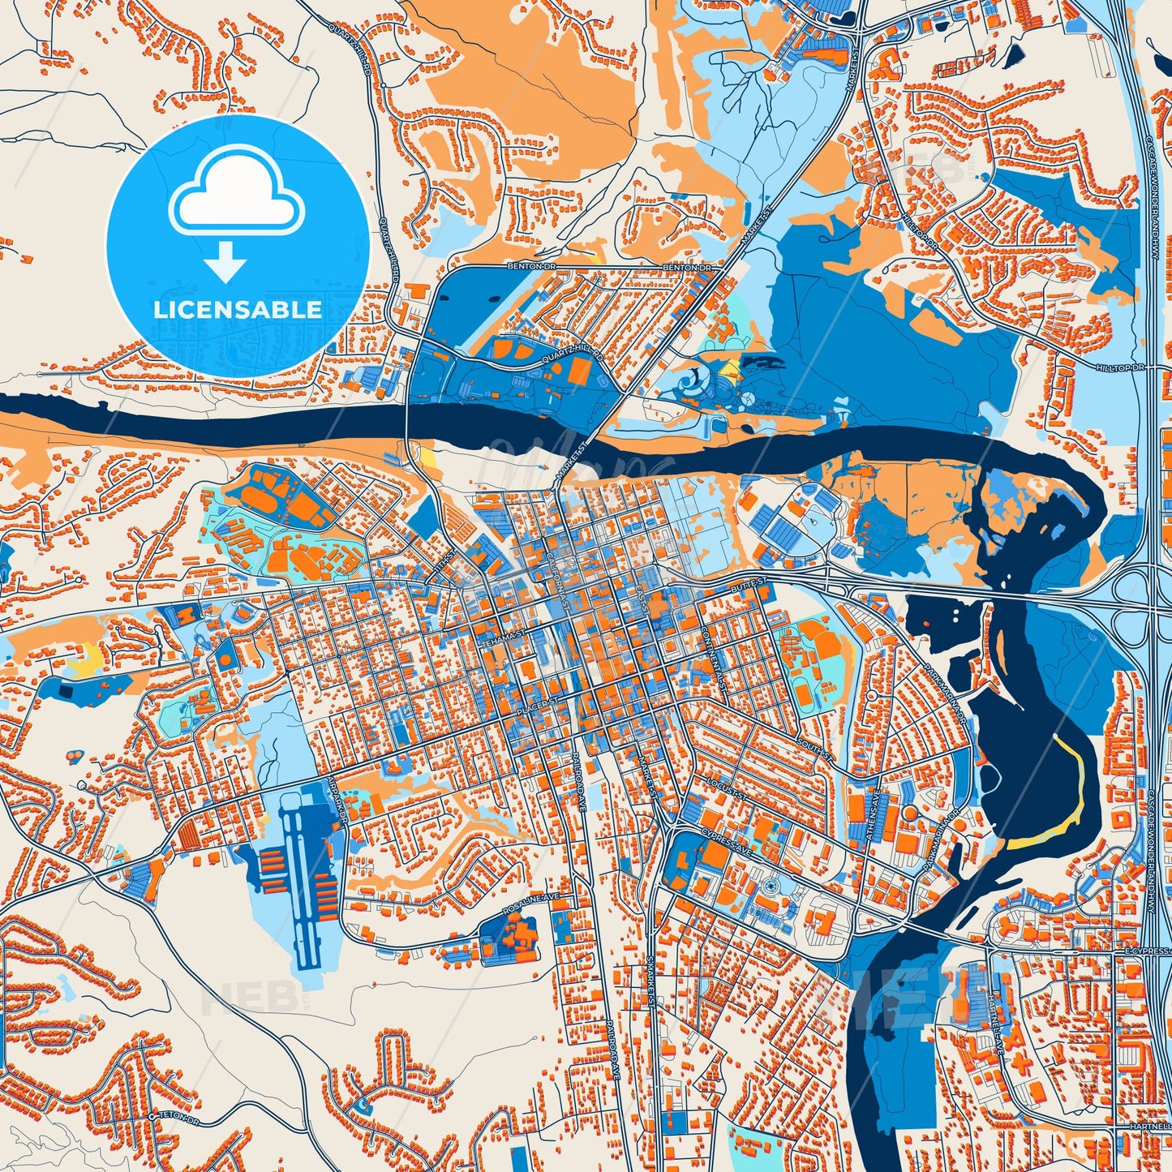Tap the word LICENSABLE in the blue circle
(x=238, y=310)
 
